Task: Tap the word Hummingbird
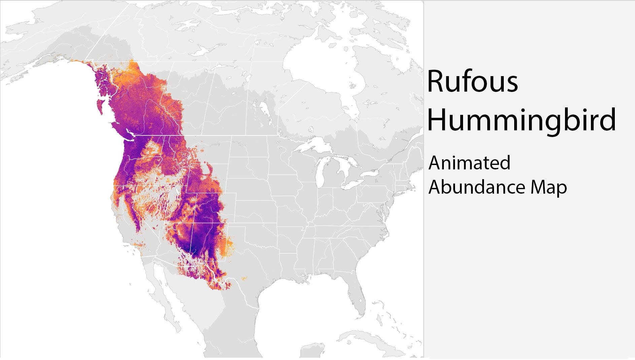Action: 522,120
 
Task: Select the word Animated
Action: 469,163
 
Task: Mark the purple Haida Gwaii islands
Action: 101,105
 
